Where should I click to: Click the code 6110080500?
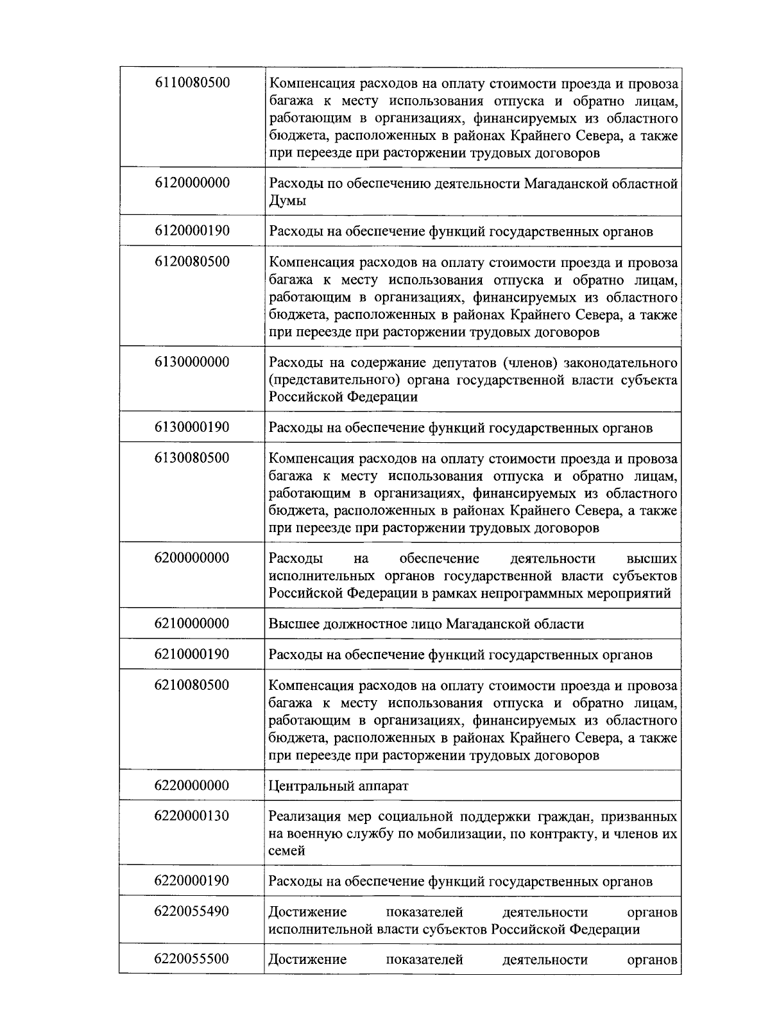click(x=192, y=83)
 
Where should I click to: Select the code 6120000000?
click(x=192, y=183)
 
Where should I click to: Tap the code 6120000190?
click(x=192, y=230)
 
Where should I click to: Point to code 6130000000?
click(x=192, y=362)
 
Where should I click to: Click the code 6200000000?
click(x=192, y=558)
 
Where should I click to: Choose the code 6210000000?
click(x=192, y=623)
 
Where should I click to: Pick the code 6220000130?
click(x=192, y=816)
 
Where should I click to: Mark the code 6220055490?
click(x=192, y=911)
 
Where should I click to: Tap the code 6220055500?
click(x=192, y=959)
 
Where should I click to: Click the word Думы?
click(x=287, y=201)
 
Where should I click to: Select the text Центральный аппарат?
click(x=338, y=785)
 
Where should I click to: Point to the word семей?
click(x=286, y=851)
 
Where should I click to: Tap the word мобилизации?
click(x=452, y=834)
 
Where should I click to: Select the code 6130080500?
click(x=192, y=458)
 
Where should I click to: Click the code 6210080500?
click(x=192, y=685)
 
